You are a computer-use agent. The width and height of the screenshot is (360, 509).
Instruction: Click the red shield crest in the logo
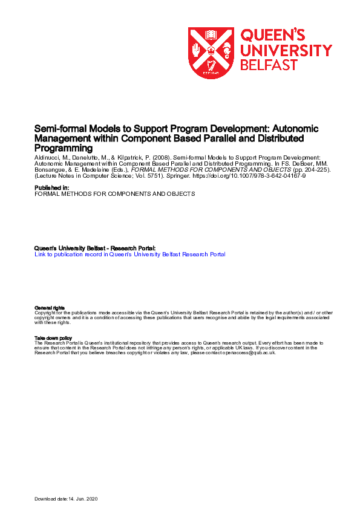[x=211, y=53]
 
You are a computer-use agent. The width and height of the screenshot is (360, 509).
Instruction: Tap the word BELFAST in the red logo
[x=269, y=65]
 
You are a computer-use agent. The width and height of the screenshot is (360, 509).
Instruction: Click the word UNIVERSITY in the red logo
[x=286, y=50]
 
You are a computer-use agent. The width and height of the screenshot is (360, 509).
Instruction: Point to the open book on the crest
[x=211, y=34]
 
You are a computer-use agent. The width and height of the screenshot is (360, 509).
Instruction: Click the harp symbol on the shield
[x=211, y=66]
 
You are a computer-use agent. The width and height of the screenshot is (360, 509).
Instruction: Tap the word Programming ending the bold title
[x=64, y=148]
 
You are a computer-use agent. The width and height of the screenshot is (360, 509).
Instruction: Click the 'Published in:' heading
[x=51, y=188]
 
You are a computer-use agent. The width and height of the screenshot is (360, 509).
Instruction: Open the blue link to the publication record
[x=130, y=254]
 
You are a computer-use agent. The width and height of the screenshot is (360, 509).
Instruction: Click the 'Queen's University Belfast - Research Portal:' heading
[x=95, y=248]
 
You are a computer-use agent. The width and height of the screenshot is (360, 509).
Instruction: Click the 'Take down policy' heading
[x=53, y=339]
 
